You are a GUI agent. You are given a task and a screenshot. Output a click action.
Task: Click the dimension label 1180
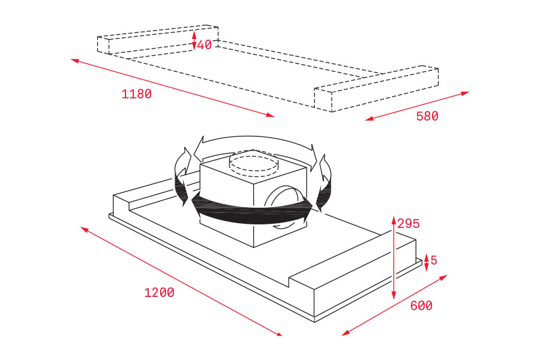tap(136, 94)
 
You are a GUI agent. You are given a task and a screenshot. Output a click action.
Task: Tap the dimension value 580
tap(427, 116)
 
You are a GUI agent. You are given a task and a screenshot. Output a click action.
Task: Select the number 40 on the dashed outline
tap(204, 44)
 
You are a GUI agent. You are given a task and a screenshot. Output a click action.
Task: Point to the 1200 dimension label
tap(159, 292)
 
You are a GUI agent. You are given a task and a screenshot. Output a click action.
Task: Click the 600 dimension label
tap(421, 305)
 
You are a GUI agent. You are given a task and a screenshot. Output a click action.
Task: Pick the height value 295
tap(409, 224)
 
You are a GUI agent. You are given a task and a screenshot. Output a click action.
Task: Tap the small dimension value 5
tap(434, 260)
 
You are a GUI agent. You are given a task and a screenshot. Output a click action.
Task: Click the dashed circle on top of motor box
tap(253, 164)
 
